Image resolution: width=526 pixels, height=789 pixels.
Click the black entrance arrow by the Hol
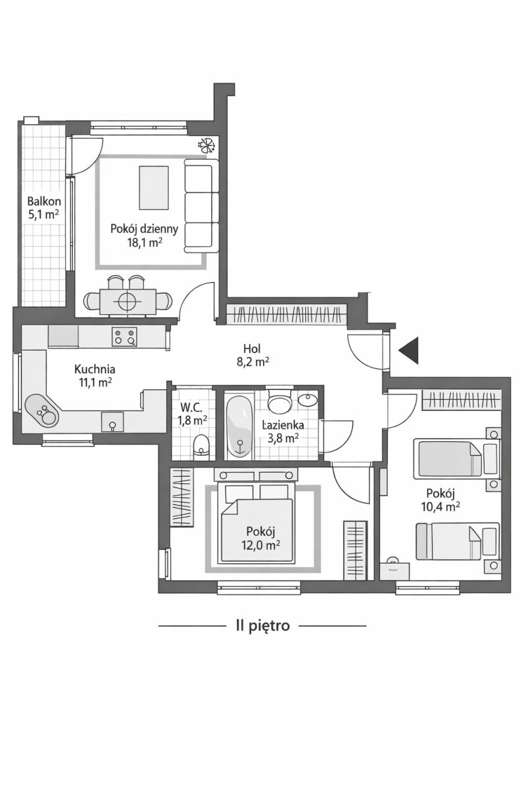[x=410, y=350]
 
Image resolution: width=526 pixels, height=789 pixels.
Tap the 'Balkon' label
[x=44, y=201]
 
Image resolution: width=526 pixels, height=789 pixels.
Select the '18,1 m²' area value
[x=145, y=243]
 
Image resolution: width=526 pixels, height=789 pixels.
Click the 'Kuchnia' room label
[x=95, y=369]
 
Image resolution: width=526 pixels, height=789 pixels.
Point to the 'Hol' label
[x=252, y=348]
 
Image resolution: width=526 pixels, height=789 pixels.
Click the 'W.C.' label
[x=191, y=408]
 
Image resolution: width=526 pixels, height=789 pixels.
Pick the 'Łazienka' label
[x=283, y=425]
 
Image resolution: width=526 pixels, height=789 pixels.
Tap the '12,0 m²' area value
[x=260, y=545]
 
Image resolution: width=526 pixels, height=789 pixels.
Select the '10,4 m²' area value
[x=441, y=506]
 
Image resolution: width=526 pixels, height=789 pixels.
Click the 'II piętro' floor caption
[x=263, y=625]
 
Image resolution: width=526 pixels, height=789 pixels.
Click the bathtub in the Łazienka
[x=239, y=425]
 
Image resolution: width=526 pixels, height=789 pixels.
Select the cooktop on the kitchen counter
[x=124, y=337]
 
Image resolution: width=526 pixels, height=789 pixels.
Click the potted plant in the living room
[x=207, y=145]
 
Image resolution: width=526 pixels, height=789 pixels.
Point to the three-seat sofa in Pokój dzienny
[x=201, y=206]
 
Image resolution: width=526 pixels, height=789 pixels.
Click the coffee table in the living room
[x=154, y=188]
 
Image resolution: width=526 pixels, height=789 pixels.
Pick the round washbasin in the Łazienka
[x=308, y=400]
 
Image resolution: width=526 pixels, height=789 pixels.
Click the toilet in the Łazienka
[x=280, y=400]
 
